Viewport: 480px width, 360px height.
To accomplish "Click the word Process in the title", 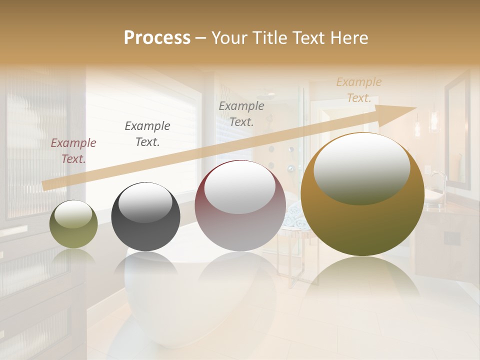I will point(157,38).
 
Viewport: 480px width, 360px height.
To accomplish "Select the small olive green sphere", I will point(73,224).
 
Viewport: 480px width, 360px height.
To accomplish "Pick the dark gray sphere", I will point(145,217).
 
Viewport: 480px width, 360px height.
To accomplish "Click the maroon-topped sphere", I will point(240,206).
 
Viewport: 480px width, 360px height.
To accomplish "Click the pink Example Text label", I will point(73,151).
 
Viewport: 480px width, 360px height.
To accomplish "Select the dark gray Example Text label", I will point(147,134).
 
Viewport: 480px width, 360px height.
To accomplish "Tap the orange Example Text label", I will point(359,90).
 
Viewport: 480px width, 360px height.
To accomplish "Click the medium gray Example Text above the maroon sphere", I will point(241,113).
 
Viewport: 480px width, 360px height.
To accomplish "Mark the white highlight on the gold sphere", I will point(361,168).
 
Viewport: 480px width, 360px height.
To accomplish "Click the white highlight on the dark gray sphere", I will point(145,202).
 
